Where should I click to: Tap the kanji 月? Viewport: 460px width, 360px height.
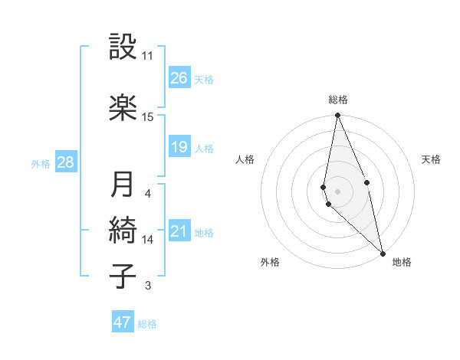coord(123,184)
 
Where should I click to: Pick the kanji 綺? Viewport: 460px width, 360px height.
coord(123,230)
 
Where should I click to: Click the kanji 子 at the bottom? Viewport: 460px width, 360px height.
coord(123,275)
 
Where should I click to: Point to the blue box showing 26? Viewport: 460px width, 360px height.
coord(179,78)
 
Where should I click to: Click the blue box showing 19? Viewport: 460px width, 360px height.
coord(179,147)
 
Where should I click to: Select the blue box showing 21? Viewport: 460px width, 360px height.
coord(179,232)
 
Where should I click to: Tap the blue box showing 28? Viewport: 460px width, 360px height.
coord(65,162)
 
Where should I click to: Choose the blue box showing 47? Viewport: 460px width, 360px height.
coord(123,322)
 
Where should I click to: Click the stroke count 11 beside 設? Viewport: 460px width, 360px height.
coord(147,56)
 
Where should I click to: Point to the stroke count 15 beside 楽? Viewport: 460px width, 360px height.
coord(147,117)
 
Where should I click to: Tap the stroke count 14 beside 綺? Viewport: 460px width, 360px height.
coord(148,240)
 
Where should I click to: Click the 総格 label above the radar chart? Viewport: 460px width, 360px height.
coord(338,100)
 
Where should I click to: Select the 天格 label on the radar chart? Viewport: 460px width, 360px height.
coord(431,159)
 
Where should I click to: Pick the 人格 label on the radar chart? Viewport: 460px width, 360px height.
coord(245,159)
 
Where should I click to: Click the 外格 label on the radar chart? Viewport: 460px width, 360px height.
coord(270,263)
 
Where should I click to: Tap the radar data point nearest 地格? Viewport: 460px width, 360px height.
coord(383,254)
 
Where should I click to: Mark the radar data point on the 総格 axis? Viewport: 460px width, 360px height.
coord(338,116)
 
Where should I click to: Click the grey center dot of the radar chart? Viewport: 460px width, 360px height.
coord(338,191)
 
